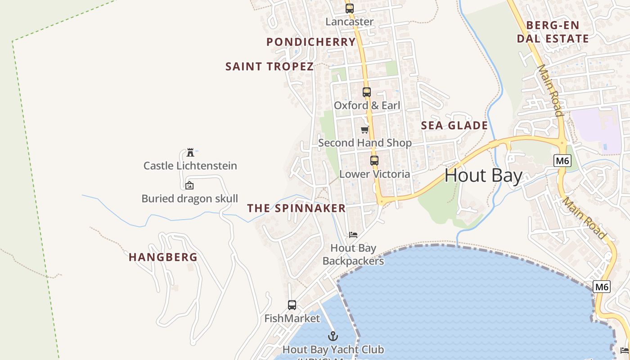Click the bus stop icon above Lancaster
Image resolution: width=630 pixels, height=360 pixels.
(350, 8)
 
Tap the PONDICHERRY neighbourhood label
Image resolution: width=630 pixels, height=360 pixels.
(311, 42)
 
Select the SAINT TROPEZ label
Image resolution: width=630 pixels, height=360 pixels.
(269, 67)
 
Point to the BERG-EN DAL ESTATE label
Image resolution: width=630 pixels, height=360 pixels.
(553, 32)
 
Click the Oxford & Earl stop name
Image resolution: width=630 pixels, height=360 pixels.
(367, 106)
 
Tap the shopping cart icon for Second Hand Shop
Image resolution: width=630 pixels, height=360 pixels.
(364, 130)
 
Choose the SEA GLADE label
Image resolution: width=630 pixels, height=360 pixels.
(454, 126)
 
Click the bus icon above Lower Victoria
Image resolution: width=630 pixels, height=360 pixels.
(374, 160)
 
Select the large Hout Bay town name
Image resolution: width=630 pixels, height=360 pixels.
(483, 175)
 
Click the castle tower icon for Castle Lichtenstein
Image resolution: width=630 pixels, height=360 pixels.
(190, 152)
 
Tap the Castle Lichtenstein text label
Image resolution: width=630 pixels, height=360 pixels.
(190, 166)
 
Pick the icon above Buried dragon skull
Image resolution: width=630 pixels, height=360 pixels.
(189, 185)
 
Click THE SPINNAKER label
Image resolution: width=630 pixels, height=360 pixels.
(297, 208)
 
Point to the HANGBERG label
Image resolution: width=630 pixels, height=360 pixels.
(163, 257)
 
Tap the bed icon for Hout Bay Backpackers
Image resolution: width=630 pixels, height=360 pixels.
(353, 235)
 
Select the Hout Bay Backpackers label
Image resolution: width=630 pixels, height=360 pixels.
(353, 254)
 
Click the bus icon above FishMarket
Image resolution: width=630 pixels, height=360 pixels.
(292, 305)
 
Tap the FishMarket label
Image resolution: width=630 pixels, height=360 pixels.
(292, 319)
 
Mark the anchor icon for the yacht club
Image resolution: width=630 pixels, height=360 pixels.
(333, 336)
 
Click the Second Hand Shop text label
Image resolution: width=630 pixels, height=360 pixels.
(364, 143)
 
